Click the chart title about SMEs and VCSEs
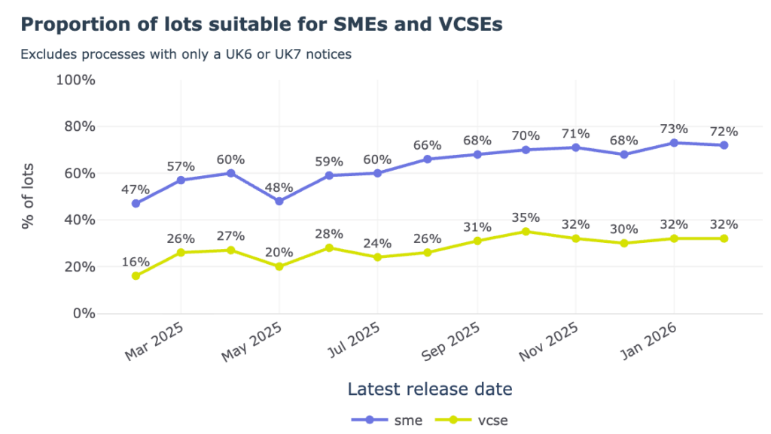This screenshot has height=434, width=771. click(261, 25)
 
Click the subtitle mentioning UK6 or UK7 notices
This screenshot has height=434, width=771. click(186, 54)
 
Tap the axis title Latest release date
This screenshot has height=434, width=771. click(430, 389)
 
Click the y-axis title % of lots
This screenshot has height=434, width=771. click(28, 197)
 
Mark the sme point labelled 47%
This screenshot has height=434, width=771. click(136, 204)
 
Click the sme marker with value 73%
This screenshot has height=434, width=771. click(674, 142)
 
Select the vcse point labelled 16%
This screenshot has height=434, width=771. click(136, 276)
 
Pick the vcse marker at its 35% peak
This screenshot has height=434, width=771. click(526, 232)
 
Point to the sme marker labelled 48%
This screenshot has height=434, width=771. click(279, 202)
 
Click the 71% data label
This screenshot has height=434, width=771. click(575, 133)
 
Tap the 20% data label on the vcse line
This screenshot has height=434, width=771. click(279, 252)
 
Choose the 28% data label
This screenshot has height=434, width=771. click(328, 233)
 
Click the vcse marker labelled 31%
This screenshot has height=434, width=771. click(477, 241)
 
